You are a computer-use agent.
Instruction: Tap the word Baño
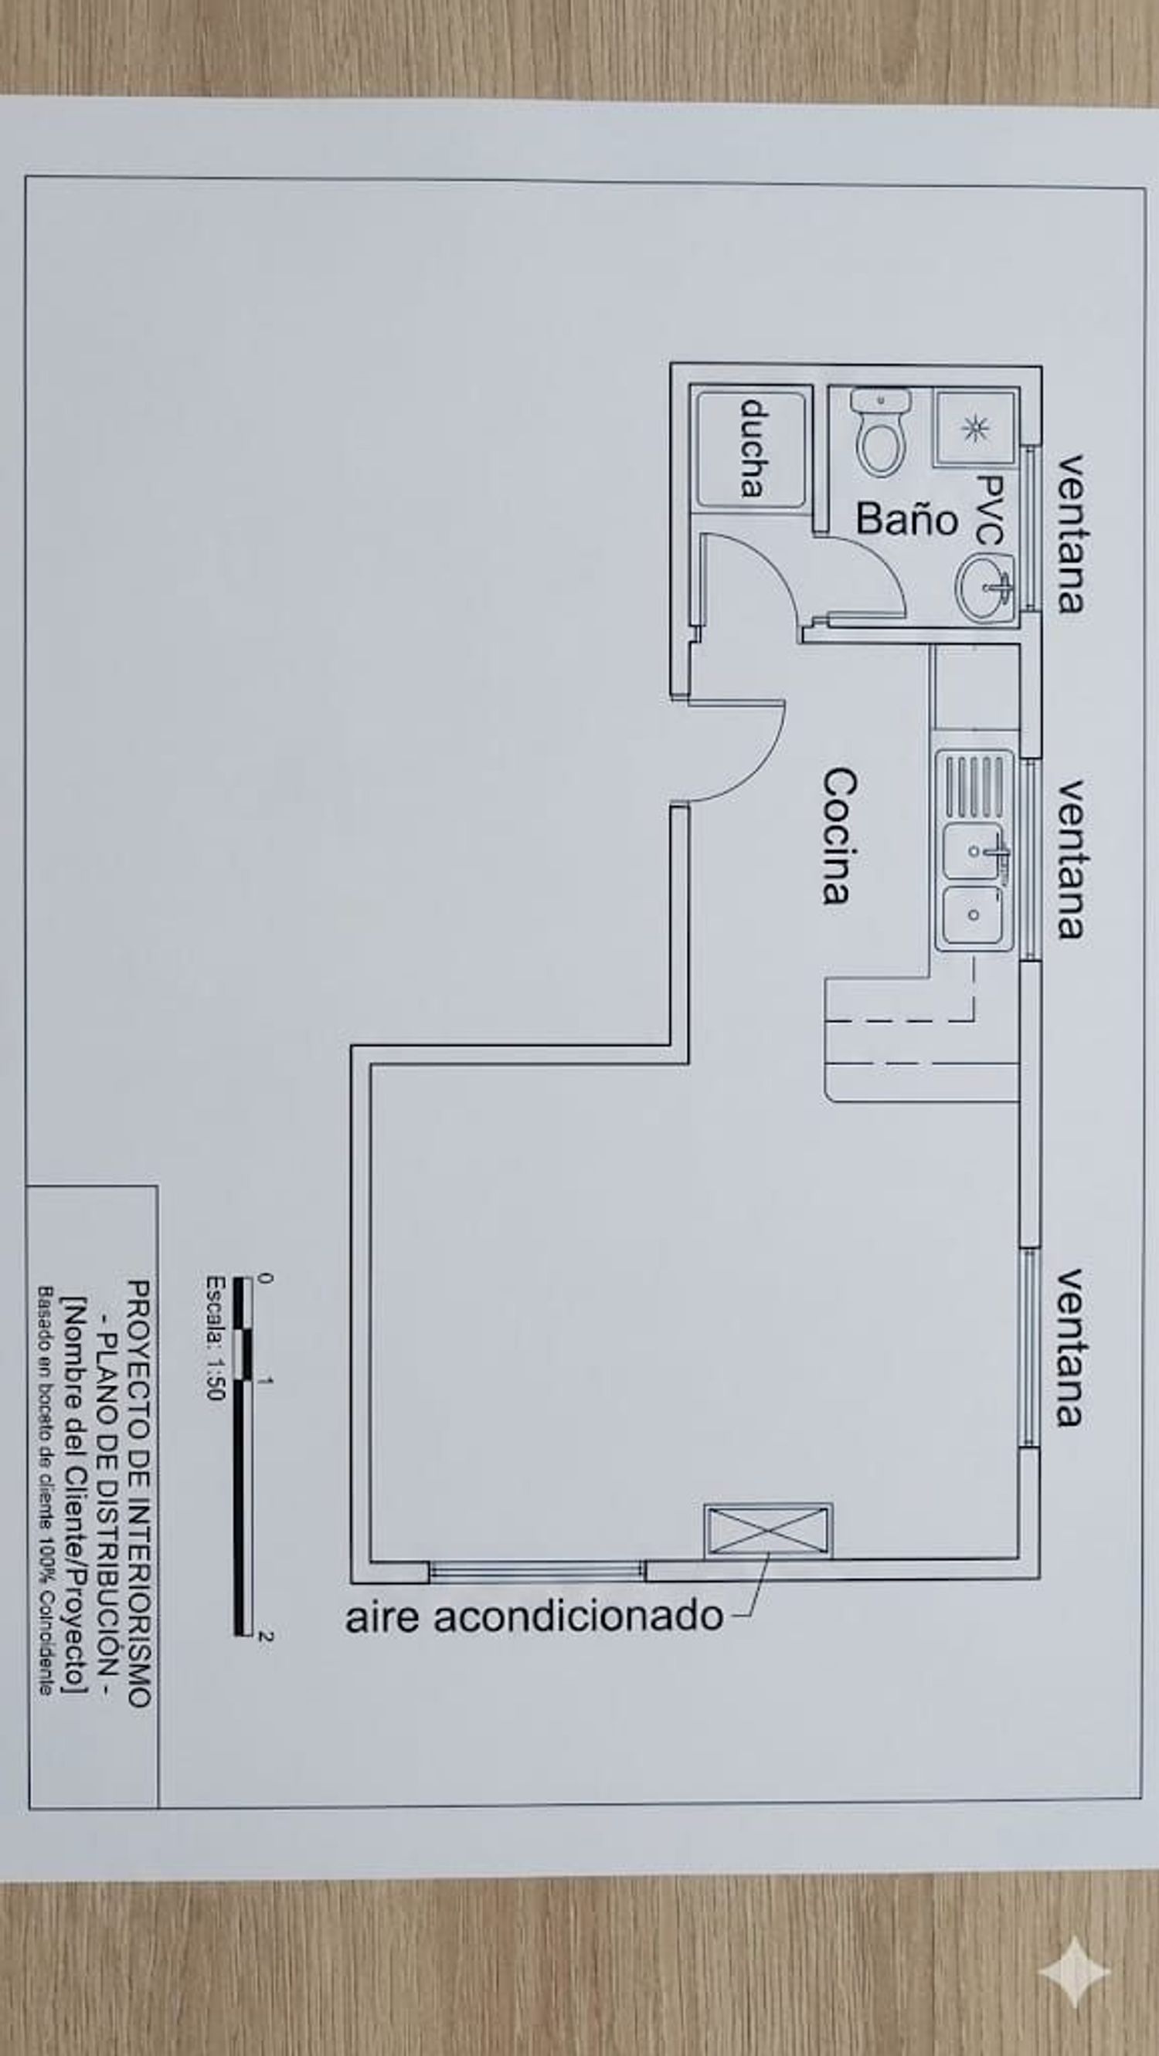point(907,520)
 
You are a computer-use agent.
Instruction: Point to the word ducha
point(752,449)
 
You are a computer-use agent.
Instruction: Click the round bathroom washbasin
point(985,589)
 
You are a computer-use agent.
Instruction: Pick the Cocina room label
point(840,836)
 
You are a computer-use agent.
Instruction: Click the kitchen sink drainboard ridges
point(974,785)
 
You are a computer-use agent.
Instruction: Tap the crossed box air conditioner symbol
point(768,1531)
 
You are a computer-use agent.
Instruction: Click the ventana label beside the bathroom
point(1071,534)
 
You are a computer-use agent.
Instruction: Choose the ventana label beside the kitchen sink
point(1071,860)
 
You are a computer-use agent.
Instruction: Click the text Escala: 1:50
point(216,1337)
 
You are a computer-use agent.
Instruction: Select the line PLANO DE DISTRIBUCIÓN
point(107,1493)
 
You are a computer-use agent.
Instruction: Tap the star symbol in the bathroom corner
point(974,429)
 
